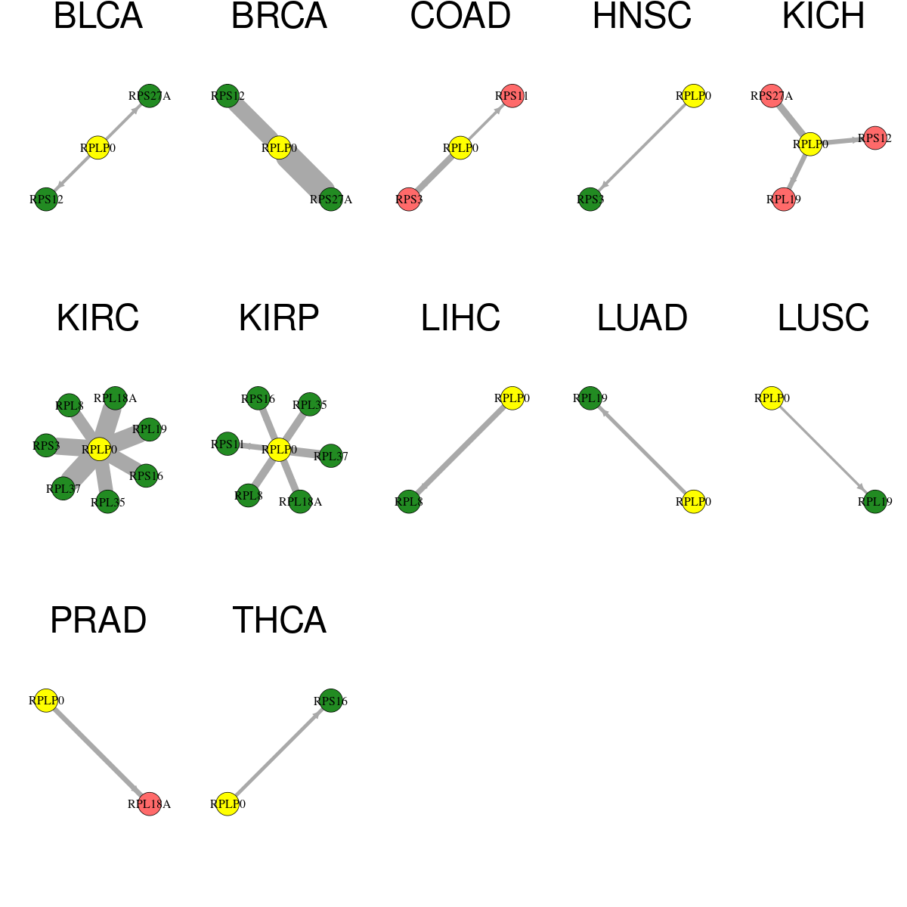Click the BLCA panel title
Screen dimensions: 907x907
pos(98,16)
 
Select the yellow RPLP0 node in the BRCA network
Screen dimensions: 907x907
pos(279,148)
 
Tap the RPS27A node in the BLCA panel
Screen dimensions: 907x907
pos(150,96)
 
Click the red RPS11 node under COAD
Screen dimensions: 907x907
pos(512,96)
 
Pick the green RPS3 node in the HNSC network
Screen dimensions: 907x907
pos(590,200)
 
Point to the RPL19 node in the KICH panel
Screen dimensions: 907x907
pos(784,200)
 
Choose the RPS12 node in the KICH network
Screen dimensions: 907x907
pos(875,138)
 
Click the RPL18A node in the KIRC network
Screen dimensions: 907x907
pos(115,398)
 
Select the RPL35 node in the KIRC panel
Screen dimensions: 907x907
pos(108,502)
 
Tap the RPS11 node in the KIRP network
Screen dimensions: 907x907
pos(228,444)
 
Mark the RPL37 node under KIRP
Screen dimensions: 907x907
pos(331,456)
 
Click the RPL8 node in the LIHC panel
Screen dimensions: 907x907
pos(409,502)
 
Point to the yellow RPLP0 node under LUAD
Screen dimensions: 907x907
pos(693,502)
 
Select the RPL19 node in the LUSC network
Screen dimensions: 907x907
pos(875,502)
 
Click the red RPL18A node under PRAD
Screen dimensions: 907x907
pos(150,804)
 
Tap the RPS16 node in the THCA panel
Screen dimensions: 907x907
pos(331,701)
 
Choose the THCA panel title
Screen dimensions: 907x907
pos(279,620)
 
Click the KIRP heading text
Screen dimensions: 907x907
pos(279,317)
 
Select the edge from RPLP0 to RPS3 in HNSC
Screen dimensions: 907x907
pos(642,148)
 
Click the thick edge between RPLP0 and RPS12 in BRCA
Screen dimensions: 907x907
pos(253,122)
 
